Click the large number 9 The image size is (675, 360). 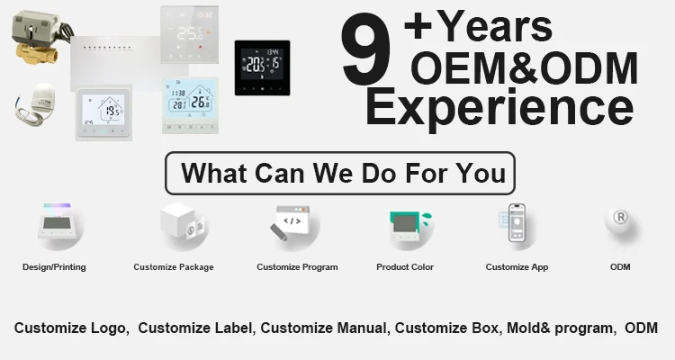point(367,49)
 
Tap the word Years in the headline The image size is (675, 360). point(496,27)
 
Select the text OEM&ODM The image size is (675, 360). point(525,68)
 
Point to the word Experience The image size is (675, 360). point(499,108)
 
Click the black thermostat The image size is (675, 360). point(262,68)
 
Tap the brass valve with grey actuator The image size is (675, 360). point(40,38)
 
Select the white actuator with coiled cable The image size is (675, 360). point(36,104)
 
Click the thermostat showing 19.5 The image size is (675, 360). point(104,112)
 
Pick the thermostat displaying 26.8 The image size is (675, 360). point(190,105)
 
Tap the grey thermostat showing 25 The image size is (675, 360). point(189,34)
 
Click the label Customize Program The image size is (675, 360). point(297,267)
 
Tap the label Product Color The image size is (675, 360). point(405,267)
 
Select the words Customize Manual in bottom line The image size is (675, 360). point(323,328)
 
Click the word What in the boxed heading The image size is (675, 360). point(214,173)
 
